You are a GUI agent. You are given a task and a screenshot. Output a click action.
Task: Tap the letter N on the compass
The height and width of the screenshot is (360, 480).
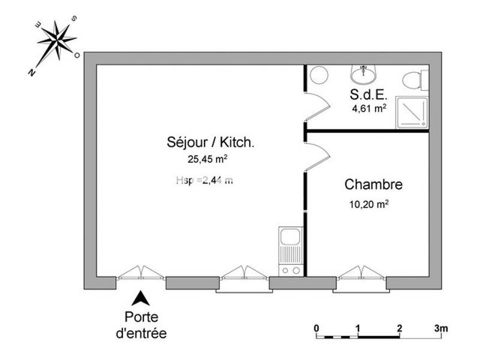click(x=31, y=73)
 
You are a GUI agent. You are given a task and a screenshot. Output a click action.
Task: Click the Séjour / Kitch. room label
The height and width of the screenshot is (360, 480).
click(x=211, y=143)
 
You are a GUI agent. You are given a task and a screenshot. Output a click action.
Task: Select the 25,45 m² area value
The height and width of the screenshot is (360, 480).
click(x=208, y=160)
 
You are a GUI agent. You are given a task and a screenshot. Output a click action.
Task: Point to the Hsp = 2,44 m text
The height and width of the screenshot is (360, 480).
click(x=205, y=179)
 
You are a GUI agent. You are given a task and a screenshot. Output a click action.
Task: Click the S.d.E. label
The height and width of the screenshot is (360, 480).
click(x=368, y=94)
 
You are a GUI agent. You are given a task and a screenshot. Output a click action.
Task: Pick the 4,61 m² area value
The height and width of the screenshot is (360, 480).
click(x=368, y=109)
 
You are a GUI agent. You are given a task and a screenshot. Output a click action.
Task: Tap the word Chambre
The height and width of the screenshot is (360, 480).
click(x=373, y=184)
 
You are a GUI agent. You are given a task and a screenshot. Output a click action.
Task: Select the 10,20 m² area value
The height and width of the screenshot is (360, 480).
click(x=368, y=203)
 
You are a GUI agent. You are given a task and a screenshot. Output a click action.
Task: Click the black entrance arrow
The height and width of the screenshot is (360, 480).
click(x=140, y=297)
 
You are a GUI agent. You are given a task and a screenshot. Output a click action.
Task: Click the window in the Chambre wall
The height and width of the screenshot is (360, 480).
click(x=361, y=280)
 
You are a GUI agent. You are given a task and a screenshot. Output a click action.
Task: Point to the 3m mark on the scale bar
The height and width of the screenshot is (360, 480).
click(x=441, y=328)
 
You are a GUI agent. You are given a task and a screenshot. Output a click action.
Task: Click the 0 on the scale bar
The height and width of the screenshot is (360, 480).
click(x=316, y=328)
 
